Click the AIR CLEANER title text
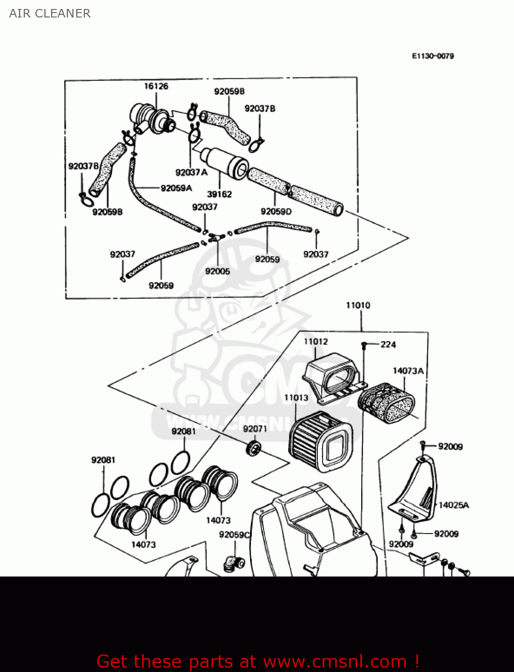pyautogui.click(x=50, y=13)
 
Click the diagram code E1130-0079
pyautogui.click(x=432, y=56)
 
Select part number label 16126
pyautogui.click(x=156, y=86)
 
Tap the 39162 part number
pyautogui.click(x=219, y=194)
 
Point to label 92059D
pyautogui.click(x=276, y=211)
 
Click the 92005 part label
pyautogui.click(x=217, y=271)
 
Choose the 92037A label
pyautogui.click(x=191, y=172)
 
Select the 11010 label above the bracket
pyautogui.click(x=358, y=305)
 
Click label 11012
pyautogui.click(x=315, y=341)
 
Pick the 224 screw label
pyautogui.click(x=388, y=345)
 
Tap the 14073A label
pyautogui.click(x=408, y=370)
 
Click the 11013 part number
pyautogui.click(x=296, y=397)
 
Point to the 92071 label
pyautogui.click(x=255, y=429)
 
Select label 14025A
pyautogui.click(x=454, y=505)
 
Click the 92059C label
pyautogui.click(x=234, y=534)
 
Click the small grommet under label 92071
pyautogui.click(x=254, y=448)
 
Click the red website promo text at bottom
pyautogui.click(x=258, y=661)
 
